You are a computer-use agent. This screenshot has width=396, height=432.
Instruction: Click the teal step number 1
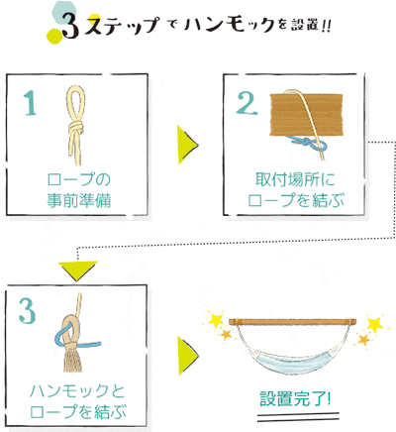(31, 103)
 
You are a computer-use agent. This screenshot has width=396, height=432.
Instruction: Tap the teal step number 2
(247, 103)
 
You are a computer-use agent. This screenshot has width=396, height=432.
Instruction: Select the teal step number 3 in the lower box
(27, 310)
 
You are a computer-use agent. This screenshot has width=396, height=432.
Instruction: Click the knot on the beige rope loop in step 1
(76, 128)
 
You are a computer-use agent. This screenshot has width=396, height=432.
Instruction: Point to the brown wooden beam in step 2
(307, 114)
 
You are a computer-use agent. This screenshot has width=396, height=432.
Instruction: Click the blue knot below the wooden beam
(305, 143)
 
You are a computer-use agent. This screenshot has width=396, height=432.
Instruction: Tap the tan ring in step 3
(70, 331)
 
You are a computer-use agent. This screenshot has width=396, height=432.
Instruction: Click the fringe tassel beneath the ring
(72, 360)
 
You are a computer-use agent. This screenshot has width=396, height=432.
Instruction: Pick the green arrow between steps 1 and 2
(187, 145)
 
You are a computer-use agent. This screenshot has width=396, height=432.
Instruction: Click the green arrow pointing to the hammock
(187, 356)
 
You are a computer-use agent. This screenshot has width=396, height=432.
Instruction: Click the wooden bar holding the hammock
(293, 321)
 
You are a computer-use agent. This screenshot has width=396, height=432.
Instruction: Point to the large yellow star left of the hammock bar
(216, 319)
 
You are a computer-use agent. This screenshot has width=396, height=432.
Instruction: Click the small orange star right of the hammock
(363, 339)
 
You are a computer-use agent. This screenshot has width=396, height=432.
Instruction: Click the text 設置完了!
(295, 399)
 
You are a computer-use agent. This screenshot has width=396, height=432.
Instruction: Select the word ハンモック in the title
(229, 24)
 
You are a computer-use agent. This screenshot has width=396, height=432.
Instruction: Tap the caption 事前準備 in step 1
(78, 200)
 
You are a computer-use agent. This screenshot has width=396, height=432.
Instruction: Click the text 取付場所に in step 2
(295, 179)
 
